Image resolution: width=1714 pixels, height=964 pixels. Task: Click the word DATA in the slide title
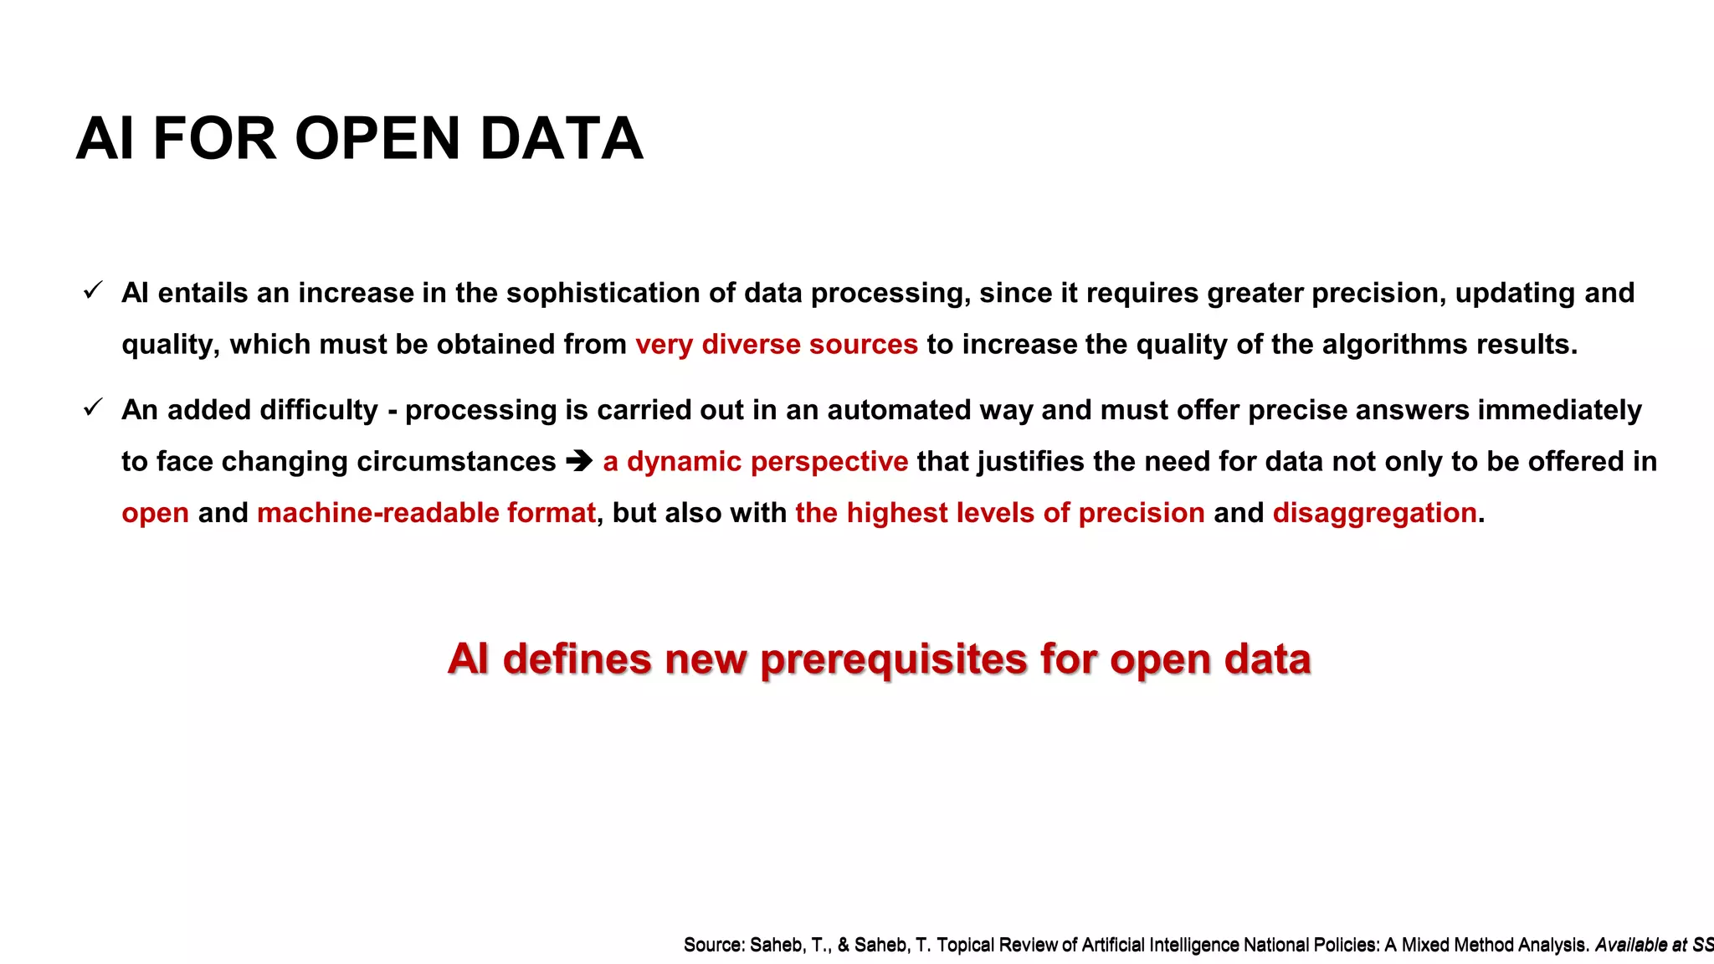click(561, 139)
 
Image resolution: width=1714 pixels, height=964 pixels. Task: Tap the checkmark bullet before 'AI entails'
click(93, 290)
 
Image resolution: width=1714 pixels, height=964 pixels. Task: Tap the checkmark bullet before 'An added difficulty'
click(93, 408)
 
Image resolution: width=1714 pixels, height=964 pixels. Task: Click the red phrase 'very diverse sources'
click(776, 344)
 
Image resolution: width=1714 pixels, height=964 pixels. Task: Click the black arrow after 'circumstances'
click(579, 461)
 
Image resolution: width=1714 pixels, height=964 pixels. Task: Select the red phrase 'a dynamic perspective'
click(755, 461)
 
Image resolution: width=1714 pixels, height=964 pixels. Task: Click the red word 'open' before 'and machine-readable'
click(155, 513)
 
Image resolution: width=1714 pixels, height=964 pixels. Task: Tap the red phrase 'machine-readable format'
click(426, 513)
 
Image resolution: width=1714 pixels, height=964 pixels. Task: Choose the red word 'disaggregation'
click(1374, 513)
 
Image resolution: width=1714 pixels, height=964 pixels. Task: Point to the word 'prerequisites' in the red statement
click(894, 659)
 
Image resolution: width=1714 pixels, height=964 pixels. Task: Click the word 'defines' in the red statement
click(577, 659)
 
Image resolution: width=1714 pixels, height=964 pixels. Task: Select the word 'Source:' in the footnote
click(713, 946)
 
